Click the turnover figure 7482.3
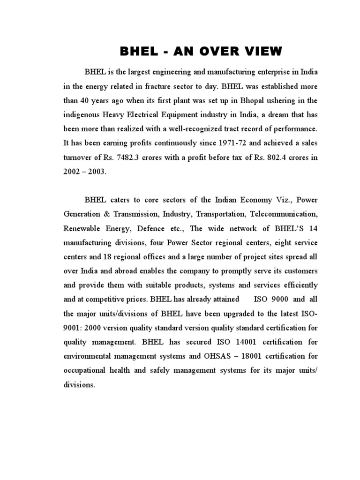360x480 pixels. [125, 157]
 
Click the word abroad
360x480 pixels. [136, 271]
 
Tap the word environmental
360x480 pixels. [88, 356]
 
